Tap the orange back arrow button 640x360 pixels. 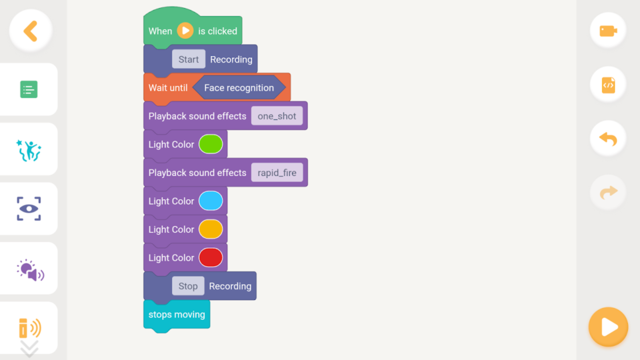click(x=30, y=31)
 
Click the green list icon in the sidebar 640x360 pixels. click(x=29, y=89)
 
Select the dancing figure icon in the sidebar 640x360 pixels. click(x=29, y=150)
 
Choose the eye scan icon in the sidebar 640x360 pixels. click(x=29, y=209)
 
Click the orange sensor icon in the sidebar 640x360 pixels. click(x=30, y=328)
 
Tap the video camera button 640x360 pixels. click(x=608, y=31)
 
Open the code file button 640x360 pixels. click(x=608, y=85)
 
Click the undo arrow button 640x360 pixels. click(x=608, y=139)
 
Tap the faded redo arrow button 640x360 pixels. click(x=608, y=192)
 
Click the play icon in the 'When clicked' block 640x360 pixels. click(x=185, y=31)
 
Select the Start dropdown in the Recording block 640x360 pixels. click(x=188, y=59)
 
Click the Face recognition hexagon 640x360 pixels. click(x=239, y=88)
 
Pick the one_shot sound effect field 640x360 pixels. click(x=277, y=116)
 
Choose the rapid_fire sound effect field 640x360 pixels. click(x=277, y=172)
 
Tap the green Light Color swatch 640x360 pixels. click(x=210, y=144)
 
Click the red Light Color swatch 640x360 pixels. click(x=210, y=258)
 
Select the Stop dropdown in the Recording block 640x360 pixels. click(x=188, y=286)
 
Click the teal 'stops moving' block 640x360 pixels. click(x=177, y=315)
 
